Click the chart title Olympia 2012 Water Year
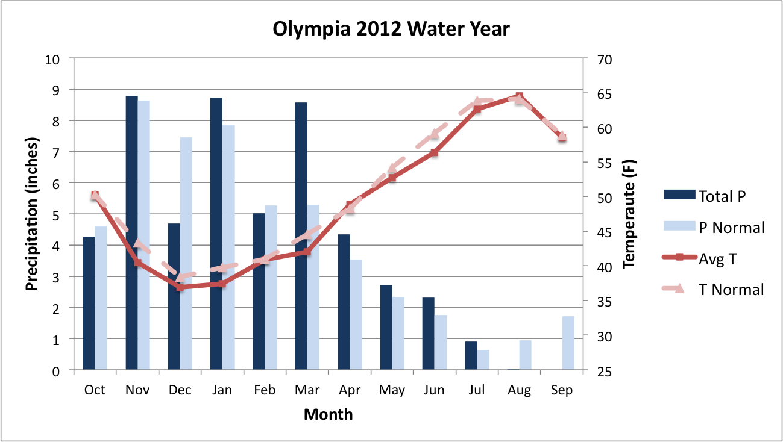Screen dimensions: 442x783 (391, 28)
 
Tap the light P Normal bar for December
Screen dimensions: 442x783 (186, 254)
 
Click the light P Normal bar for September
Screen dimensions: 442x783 (568, 343)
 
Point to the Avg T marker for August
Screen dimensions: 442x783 (520, 96)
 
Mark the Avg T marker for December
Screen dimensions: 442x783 (180, 287)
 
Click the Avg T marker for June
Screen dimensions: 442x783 (434, 152)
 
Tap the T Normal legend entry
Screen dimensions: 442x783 (714, 290)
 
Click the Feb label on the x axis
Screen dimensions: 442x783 (265, 390)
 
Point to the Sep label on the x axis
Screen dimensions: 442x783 (562, 390)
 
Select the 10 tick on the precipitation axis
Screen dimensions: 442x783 (54, 60)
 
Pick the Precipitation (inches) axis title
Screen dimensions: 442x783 (33, 214)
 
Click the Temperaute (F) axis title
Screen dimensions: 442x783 (629, 214)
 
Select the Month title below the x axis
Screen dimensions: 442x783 (328, 415)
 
